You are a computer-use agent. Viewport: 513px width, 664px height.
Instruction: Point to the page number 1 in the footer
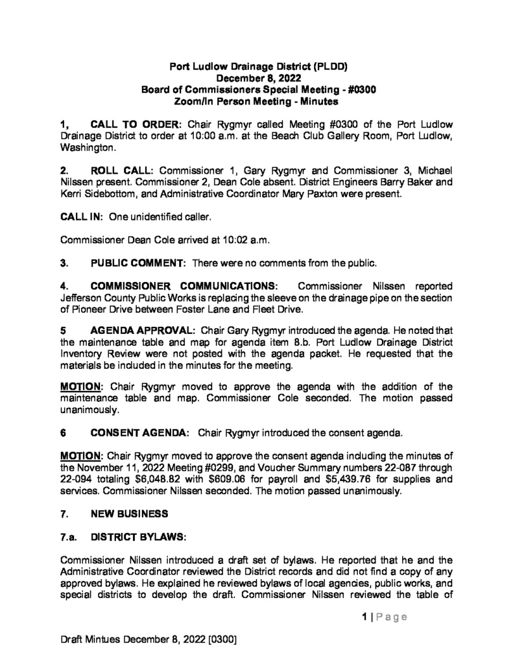point(365,617)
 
